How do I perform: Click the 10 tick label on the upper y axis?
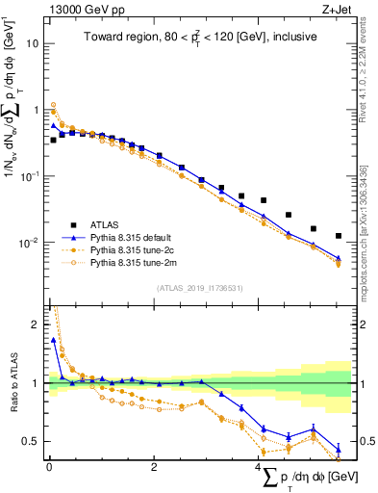tap(33, 44)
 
